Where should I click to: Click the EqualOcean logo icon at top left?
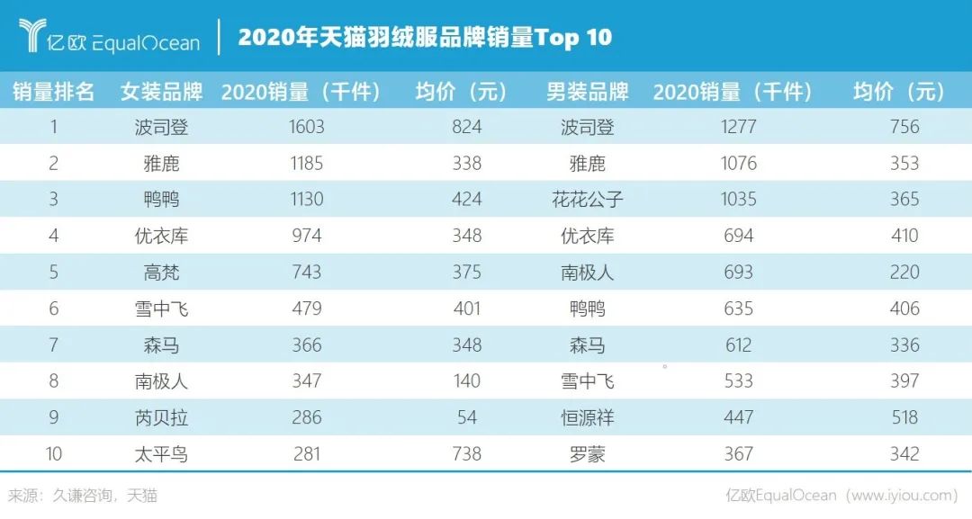pos(32,35)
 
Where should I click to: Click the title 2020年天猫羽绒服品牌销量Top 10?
pos(425,37)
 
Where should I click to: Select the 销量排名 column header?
pos(53,92)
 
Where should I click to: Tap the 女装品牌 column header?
pos(161,92)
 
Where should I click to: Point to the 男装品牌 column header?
pos(587,92)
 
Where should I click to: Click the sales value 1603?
pos(306,128)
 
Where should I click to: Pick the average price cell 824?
pos(467,128)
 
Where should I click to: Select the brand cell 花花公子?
pos(587,200)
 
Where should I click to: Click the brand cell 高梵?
pos(161,273)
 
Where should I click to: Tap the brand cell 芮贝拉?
pos(161,417)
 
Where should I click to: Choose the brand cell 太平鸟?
pos(161,454)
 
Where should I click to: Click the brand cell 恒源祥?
pos(587,417)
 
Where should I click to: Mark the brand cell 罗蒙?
pos(587,454)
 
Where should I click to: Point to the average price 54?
pos(467,417)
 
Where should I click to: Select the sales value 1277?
pos(738,128)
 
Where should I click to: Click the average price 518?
pos(904,417)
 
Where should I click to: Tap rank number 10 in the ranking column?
pos(53,454)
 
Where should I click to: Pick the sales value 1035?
pos(738,200)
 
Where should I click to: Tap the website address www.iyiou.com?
pos(901,496)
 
